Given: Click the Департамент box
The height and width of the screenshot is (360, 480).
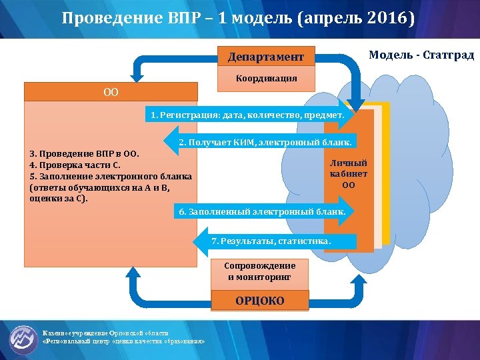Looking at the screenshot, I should click(x=266, y=57).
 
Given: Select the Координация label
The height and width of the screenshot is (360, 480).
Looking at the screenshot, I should click(x=266, y=78).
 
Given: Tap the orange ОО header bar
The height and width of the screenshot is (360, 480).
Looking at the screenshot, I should click(x=111, y=91).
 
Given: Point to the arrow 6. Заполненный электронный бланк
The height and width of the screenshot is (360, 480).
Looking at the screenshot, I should click(x=262, y=212).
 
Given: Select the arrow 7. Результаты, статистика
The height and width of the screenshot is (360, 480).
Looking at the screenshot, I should click(x=271, y=239).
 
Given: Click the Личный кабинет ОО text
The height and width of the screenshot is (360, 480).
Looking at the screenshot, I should click(x=348, y=173).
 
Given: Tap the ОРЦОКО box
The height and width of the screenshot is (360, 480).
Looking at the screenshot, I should click(x=259, y=301).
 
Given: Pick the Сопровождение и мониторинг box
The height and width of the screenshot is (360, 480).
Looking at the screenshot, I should click(x=259, y=271).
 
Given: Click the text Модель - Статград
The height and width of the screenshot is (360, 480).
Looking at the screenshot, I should click(x=421, y=55).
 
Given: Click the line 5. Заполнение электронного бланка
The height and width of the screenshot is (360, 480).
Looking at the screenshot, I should click(x=111, y=177).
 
